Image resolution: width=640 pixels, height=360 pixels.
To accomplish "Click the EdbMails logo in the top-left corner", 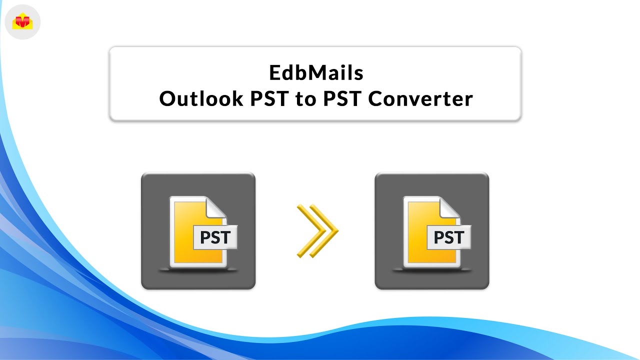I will coord(22,22).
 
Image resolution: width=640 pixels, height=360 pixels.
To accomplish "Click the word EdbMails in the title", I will coord(316,73).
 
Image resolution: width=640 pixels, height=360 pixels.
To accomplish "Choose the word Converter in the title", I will coord(420,99).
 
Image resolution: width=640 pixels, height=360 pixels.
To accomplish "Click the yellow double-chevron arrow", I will coord(317,231).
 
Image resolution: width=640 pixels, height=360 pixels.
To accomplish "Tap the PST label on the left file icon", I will coord(215,237).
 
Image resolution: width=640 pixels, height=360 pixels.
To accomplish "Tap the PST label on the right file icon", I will coord(449,237).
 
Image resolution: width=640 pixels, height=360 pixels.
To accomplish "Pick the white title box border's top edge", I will coord(315,47).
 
